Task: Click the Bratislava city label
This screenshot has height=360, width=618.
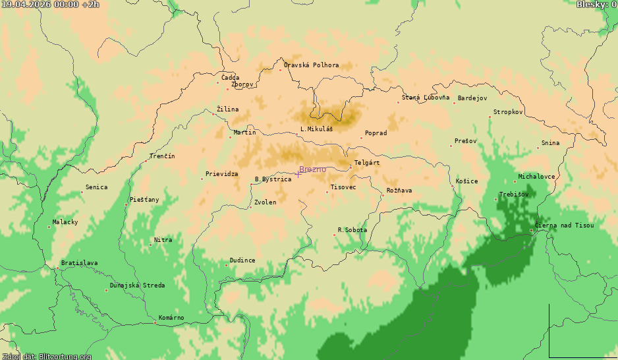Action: [79, 263]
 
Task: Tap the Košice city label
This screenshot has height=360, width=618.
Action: [467, 181]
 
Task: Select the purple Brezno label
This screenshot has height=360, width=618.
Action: [312, 169]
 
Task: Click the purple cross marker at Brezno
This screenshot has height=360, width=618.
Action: [298, 173]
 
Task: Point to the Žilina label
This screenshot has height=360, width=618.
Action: [228, 109]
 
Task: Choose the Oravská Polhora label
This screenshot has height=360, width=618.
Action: [311, 65]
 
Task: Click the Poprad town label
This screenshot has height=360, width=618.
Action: [376, 133]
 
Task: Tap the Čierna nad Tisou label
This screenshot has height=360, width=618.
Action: [564, 225]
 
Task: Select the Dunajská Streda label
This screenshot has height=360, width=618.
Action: [137, 285]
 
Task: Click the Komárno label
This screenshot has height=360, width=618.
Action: [171, 318]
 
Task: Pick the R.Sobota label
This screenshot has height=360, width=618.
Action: [352, 230]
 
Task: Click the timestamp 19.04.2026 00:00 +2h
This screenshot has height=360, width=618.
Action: [50, 5]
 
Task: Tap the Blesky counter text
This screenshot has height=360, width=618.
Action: [596, 5]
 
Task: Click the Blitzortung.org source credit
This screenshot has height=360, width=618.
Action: [45, 356]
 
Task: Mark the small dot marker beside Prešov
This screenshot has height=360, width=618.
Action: [451, 146]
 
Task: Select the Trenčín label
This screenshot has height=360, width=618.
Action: [162, 156]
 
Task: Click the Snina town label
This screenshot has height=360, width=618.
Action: [550, 143]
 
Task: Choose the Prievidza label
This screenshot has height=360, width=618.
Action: [221, 174]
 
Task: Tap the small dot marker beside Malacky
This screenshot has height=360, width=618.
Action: [49, 227]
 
